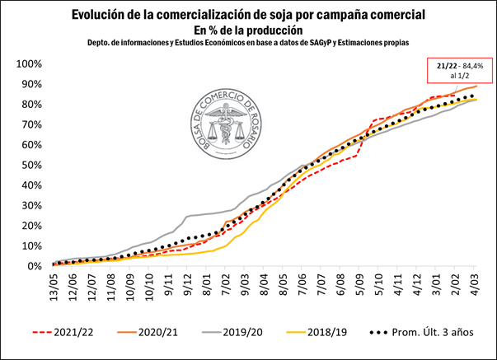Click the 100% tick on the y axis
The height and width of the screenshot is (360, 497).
pyautogui.click(x=27, y=64)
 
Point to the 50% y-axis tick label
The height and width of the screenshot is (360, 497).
pyautogui.click(x=30, y=165)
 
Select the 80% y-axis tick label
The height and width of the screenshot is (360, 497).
pyautogui.click(x=30, y=105)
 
